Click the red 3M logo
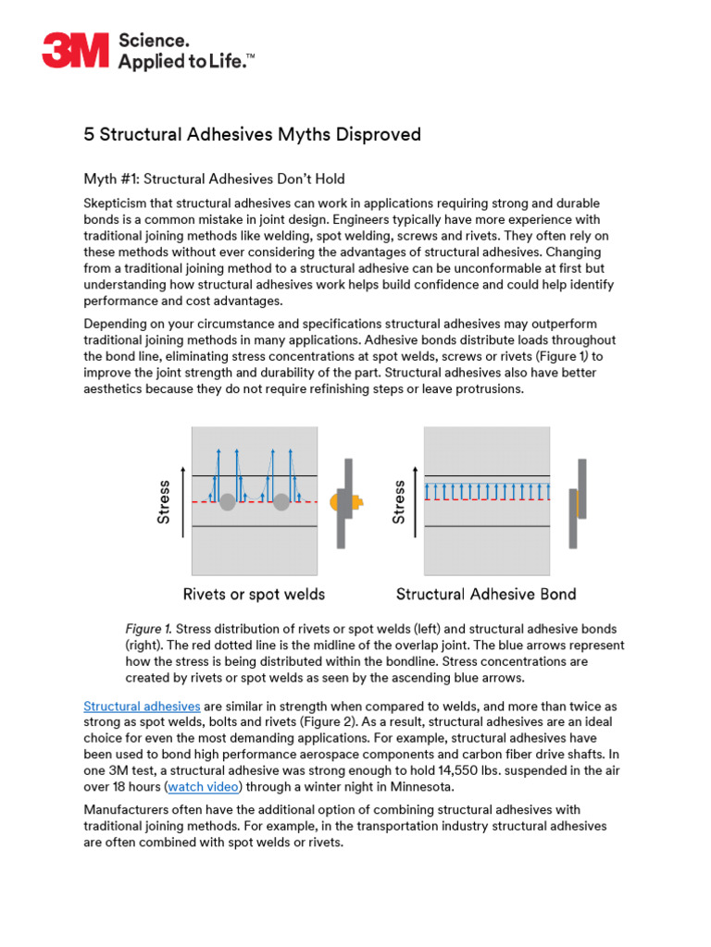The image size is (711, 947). pos(75,50)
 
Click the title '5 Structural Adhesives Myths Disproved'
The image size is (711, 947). pos(252,135)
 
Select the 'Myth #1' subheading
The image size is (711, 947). pos(214,178)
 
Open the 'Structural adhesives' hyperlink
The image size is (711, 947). pos(142,706)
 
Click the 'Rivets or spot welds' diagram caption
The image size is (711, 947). pos(254,594)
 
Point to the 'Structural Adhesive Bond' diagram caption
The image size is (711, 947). pos(486,594)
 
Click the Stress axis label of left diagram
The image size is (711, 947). pos(164,502)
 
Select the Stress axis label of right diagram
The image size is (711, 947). pos(399,502)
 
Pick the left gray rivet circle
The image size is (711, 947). pos(227,501)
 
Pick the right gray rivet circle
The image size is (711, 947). pos(281,501)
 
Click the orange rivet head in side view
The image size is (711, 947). pos(355,501)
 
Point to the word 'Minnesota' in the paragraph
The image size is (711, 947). pos(421,787)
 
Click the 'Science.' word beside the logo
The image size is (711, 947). pos(154,41)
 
